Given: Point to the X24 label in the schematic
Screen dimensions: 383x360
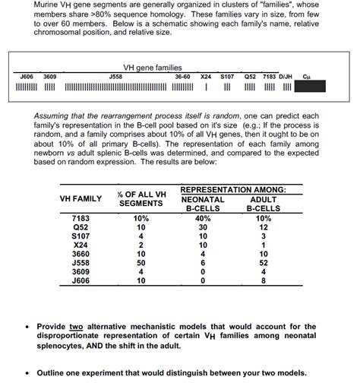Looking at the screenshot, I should pos(205,77).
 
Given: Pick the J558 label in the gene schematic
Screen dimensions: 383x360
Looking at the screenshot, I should pos(115,77).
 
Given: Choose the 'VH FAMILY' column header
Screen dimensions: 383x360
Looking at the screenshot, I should pos(81,198).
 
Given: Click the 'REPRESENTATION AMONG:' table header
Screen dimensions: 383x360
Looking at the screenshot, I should pos(233,188).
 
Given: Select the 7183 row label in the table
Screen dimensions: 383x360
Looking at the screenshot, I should pos(81,218).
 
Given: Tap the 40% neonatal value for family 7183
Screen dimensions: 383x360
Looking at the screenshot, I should pos(202,218).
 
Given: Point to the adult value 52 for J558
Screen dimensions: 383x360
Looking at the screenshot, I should pos(264,262).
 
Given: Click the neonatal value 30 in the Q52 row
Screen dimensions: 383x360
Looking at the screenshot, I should pos(202,227).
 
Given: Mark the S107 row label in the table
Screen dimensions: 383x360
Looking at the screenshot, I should pos(81,236).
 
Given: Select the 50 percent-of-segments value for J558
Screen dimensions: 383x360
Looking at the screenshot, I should pos(141,262).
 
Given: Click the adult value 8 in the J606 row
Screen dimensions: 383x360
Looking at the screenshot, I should pos(264,280).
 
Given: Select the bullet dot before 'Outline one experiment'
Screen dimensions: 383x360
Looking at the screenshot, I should pos(27,372).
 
